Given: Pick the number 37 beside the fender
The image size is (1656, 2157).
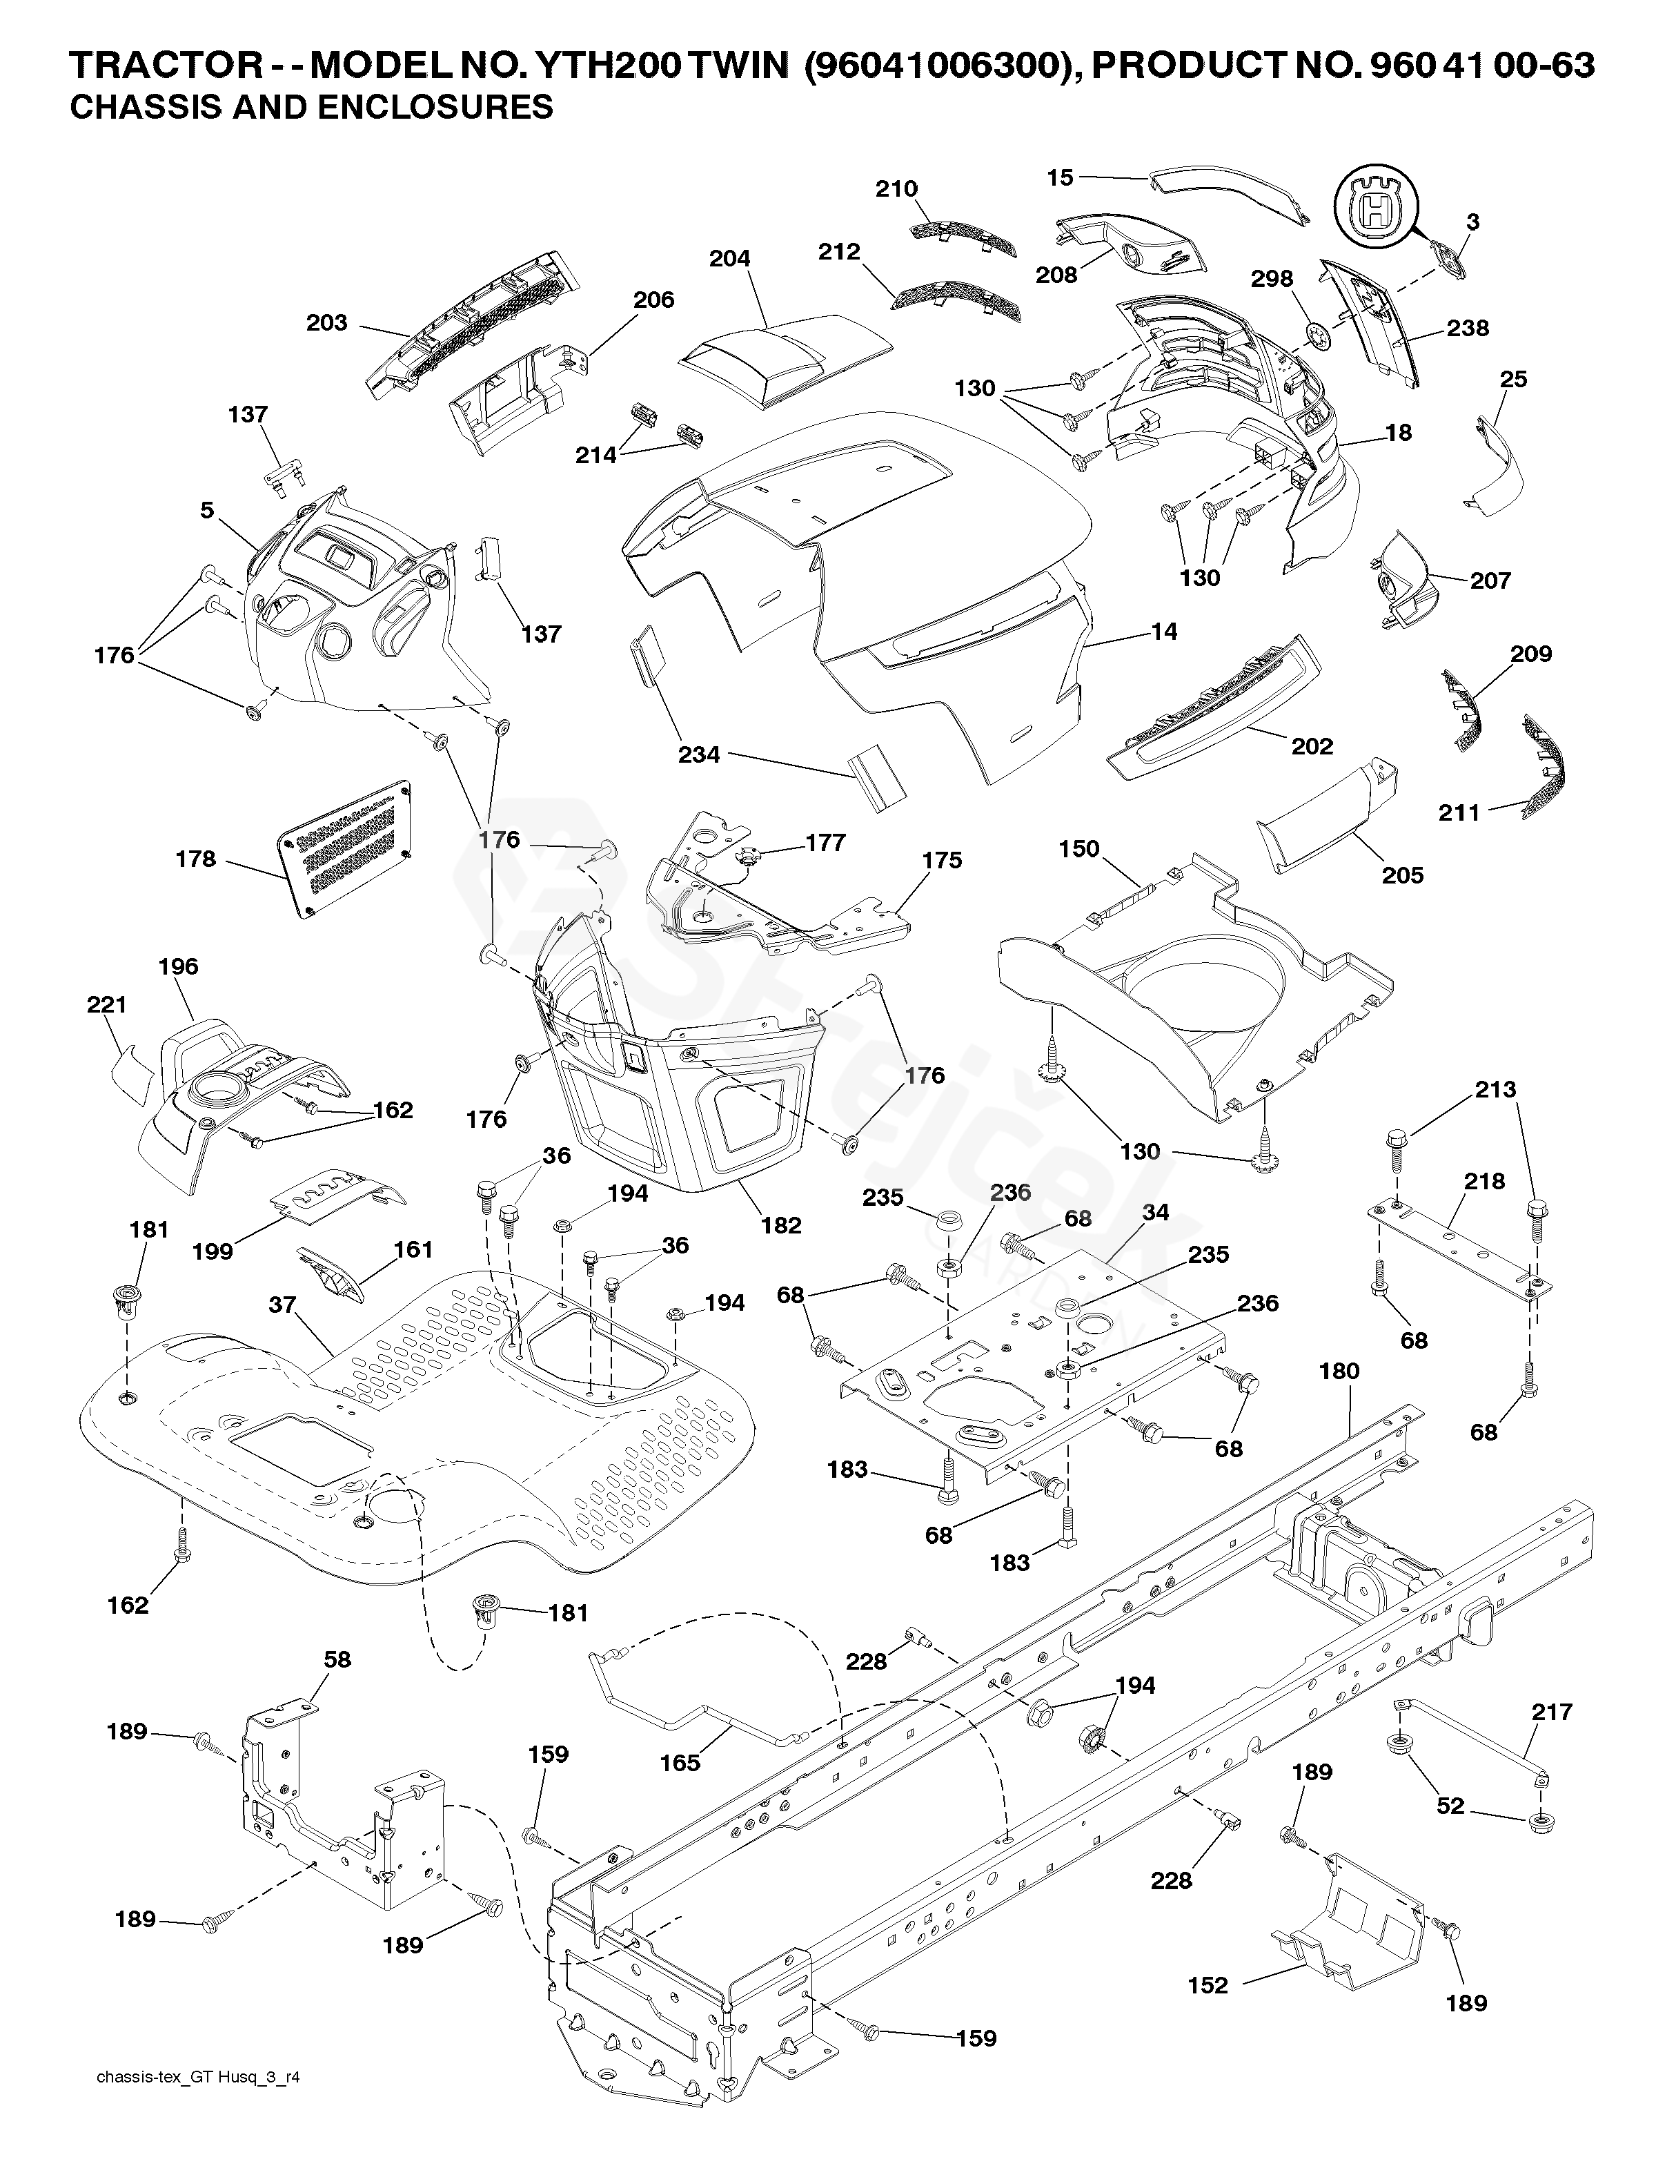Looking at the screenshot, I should (x=282, y=1305).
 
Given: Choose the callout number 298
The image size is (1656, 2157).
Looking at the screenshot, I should (x=1272, y=279).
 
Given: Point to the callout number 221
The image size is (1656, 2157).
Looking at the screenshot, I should (x=106, y=1004).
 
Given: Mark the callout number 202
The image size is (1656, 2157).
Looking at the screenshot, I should (x=1312, y=746).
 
